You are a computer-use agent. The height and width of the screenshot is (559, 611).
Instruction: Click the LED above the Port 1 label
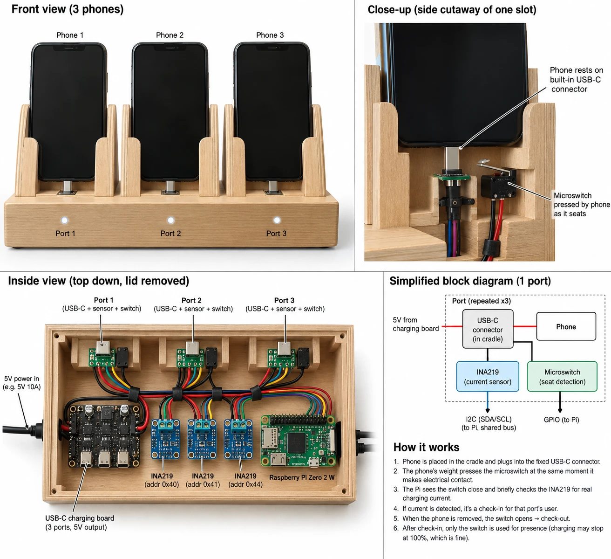pos(64,220)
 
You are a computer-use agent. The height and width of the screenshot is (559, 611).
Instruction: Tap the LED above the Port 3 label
pos(277,220)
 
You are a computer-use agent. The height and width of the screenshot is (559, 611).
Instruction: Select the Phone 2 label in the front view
pos(170,35)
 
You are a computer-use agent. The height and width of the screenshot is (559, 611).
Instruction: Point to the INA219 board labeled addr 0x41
pos(202,439)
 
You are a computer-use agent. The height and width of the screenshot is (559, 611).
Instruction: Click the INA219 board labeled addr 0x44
pos(238,439)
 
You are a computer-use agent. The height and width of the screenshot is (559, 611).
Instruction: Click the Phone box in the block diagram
pos(566,326)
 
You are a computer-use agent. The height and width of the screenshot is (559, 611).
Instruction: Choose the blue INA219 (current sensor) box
pos(488,376)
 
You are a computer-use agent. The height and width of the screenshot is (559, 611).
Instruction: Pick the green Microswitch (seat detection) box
pos(562,376)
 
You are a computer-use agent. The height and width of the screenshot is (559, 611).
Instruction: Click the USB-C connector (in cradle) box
pos(488,329)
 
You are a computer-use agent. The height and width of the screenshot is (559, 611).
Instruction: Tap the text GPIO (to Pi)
pos(561,420)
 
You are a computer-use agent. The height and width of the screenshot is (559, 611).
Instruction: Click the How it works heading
pos(426,447)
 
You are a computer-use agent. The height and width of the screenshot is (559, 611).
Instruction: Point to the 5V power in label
pos(21,379)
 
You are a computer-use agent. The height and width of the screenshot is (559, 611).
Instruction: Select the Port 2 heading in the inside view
pos(191,300)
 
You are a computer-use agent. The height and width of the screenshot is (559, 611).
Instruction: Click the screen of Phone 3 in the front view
pos(272,112)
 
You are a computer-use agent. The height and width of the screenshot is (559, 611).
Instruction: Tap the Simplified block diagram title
pos(470,281)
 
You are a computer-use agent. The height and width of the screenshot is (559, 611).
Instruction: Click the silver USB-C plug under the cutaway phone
pos(452,158)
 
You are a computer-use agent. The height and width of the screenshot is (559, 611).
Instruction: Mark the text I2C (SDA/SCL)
pos(489,419)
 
